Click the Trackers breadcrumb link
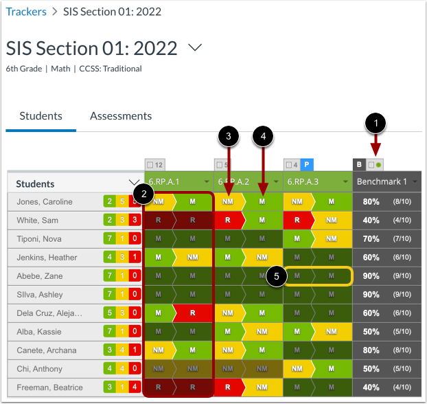click(26, 12)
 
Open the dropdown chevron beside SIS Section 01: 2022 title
click(195, 47)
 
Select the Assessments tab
click(121, 116)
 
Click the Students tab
click(41, 116)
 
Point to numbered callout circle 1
click(375, 124)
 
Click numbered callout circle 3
click(229, 137)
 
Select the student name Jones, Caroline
click(45, 202)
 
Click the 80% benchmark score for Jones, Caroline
click(371, 202)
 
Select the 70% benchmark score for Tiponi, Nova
click(371, 239)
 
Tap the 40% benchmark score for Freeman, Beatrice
click(371, 387)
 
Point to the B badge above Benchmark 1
click(359, 165)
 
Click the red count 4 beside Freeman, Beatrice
click(137, 387)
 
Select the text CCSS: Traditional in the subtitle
click(111, 69)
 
